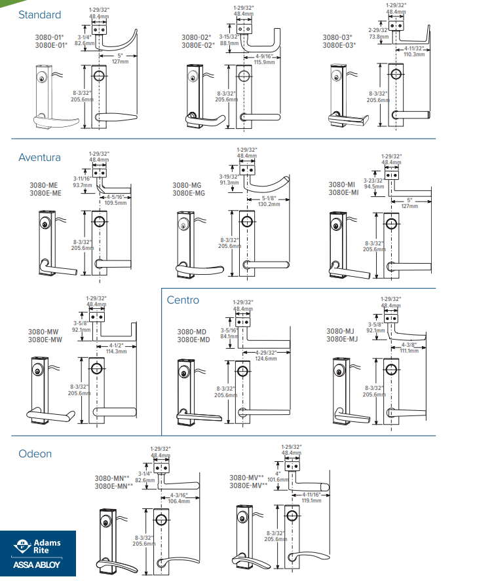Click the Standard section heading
coord(39,14)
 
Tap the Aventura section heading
coord(39,157)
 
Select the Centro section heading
coord(183,300)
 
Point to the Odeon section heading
coord(35,453)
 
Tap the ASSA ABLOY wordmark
coord(38,565)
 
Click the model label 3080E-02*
coord(198,46)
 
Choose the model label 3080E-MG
coord(189,193)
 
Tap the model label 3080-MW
coord(45,332)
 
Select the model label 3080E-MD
coord(193,340)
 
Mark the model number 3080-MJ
coord(342,332)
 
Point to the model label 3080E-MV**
coord(246,485)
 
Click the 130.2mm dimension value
coord(269,204)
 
